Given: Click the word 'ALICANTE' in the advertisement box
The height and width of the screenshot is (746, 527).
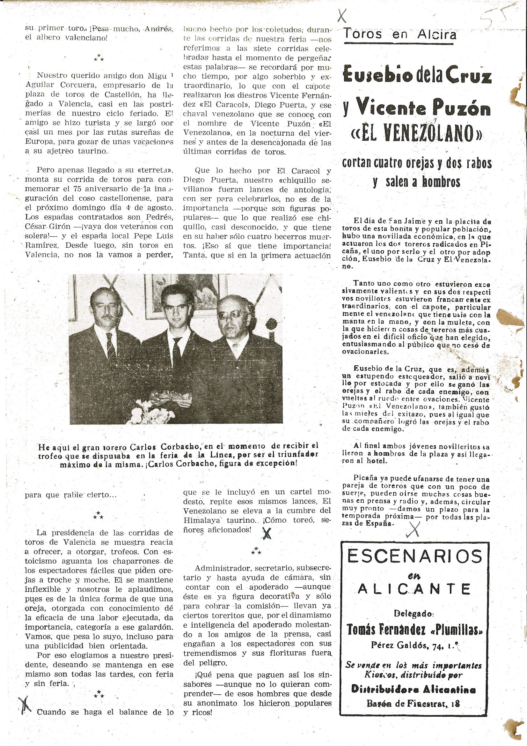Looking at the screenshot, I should point(415,589).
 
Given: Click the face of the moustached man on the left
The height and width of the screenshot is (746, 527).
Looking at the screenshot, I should point(105,307).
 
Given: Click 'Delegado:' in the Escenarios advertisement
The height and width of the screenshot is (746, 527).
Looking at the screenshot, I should point(414,614).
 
